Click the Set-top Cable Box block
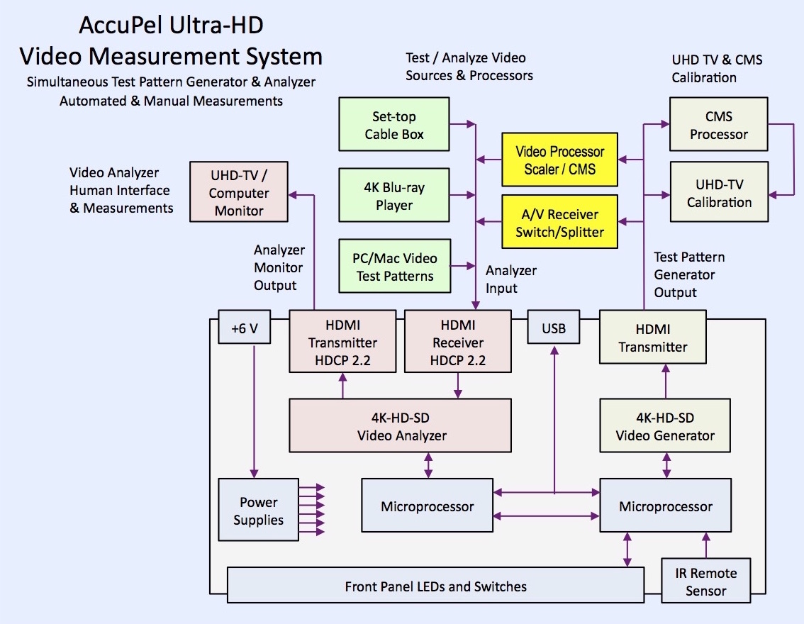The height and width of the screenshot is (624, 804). (x=394, y=124)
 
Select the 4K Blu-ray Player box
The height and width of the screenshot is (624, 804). (x=394, y=196)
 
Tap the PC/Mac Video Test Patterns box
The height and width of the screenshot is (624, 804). (x=394, y=267)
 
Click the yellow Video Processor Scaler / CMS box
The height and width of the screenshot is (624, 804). (x=559, y=160)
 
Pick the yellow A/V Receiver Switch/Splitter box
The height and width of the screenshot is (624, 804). (x=559, y=223)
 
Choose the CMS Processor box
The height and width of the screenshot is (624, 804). (x=719, y=125)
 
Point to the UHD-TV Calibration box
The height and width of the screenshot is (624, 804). (x=719, y=193)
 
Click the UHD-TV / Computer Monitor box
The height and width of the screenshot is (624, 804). (x=239, y=192)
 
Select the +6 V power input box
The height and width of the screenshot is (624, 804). (x=244, y=328)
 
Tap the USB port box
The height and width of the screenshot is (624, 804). (x=554, y=328)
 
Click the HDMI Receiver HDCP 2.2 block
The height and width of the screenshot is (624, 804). (x=457, y=342)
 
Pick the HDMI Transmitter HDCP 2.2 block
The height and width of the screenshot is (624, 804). (x=342, y=342)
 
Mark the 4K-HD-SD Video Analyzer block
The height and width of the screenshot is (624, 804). (x=400, y=425)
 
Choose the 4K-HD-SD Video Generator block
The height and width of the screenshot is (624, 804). (x=665, y=425)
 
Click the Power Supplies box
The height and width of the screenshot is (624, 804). (x=258, y=511)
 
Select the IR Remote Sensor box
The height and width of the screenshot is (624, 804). (x=705, y=581)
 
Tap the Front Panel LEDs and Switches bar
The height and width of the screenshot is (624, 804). (x=435, y=586)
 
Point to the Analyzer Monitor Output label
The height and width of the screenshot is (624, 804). (x=279, y=268)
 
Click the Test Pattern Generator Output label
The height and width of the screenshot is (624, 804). (x=689, y=275)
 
